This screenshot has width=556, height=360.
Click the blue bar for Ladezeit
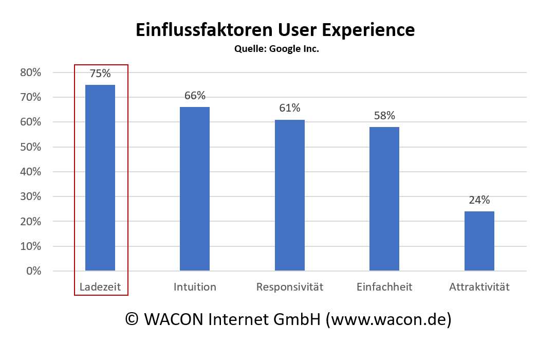click(x=100, y=177)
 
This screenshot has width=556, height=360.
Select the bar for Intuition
click(x=195, y=189)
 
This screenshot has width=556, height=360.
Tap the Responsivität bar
click(x=290, y=195)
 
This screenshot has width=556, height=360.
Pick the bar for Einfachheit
click(x=384, y=199)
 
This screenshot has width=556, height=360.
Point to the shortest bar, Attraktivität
click(x=479, y=241)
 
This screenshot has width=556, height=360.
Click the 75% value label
click(x=100, y=74)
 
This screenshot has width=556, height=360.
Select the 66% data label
click(x=195, y=96)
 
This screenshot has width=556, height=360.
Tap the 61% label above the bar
click(x=290, y=108)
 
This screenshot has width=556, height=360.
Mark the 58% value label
click(x=384, y=116)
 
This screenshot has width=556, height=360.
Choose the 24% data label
click(x=479, y=200)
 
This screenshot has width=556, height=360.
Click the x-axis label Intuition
click(x=195, y=287)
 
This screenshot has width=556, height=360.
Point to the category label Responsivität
click(x=290, y=287)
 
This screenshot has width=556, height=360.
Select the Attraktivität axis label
click(x=479, y=287)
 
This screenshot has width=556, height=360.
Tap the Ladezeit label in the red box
click(x=100, y=287)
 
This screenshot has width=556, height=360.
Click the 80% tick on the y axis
click(x=30, y=73)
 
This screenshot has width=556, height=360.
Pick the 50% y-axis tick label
click(x=30, y=147)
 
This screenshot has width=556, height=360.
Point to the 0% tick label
click(x=33, y=271)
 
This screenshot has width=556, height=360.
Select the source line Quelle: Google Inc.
click(x=276, y=49)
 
